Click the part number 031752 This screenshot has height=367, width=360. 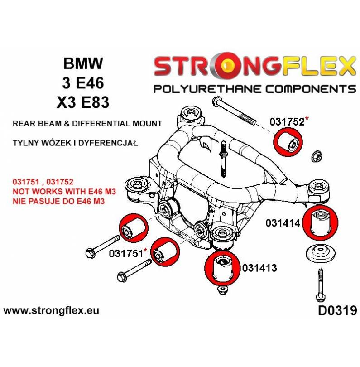(x=287, y=121)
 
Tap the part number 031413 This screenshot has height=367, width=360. (x=256, y=268)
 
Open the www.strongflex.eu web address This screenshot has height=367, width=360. (x=51, y=311)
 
